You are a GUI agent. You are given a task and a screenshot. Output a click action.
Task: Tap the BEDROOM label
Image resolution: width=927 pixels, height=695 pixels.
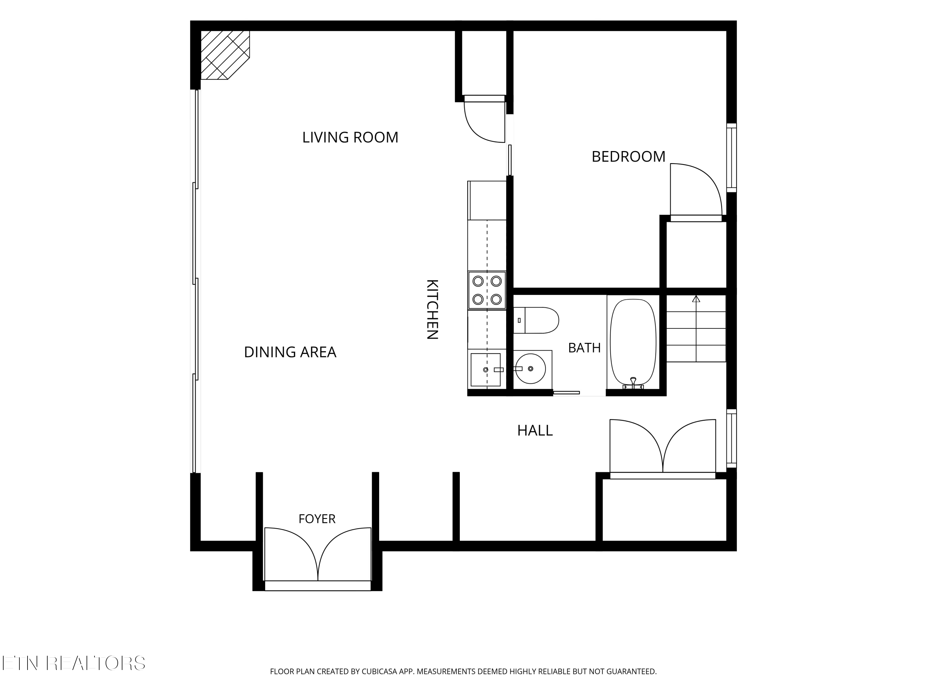tap(628, 157)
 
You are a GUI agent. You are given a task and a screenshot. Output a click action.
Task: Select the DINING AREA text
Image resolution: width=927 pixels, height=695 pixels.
tap(290, 352)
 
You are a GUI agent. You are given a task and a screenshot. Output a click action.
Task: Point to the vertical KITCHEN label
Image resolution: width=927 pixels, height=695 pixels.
tap(432, 309)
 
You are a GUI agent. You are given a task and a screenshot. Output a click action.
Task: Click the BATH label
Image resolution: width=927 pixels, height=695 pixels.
tap(584, 348)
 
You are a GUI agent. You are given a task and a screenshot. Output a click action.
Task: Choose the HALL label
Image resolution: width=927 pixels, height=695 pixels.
tap(535, 431)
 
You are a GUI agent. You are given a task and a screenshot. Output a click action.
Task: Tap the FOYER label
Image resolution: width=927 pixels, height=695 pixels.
tap(317, 519)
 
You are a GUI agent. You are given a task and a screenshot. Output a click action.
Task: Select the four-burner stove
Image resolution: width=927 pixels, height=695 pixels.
tap(487, 290)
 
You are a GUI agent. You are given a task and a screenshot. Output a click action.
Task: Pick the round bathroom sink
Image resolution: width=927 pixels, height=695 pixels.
tap(530, 369)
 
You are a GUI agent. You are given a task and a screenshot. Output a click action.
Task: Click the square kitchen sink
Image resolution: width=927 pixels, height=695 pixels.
tap(486, 369)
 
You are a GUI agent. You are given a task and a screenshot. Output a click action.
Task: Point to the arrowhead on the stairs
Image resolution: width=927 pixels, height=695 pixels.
tap(696, 299)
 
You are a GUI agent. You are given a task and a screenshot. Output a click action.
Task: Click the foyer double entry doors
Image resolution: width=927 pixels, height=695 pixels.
tap(318, 555)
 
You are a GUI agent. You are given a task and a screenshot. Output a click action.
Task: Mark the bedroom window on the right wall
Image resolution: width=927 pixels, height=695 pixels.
tap(731, 158)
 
